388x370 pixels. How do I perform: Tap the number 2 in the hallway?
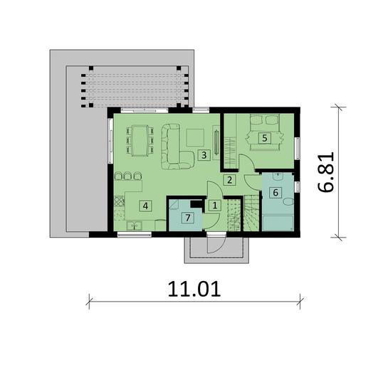229,180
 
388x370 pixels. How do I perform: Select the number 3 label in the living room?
203,154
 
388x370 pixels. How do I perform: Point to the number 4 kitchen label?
145,206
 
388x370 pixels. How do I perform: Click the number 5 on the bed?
264,138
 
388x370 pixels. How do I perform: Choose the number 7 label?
188,218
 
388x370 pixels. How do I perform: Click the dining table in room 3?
140,139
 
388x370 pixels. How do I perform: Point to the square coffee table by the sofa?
194,136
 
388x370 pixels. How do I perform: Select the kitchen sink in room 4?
134,226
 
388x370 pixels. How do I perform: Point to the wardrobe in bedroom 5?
230,142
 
